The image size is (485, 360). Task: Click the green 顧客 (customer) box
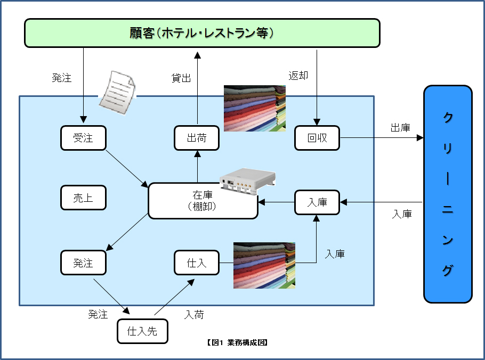202,33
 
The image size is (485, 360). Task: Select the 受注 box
83,138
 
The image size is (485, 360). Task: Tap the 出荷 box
197,138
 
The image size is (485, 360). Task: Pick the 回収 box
317,138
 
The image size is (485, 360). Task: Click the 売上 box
83,198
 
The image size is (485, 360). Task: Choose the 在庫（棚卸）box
203,201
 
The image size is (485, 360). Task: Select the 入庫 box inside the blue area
317,202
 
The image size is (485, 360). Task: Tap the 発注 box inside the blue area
83,263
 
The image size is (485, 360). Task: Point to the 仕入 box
197,263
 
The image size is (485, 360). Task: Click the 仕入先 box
142,331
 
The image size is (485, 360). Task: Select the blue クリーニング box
448,194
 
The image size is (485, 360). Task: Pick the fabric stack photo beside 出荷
254,108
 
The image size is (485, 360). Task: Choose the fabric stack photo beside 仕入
264,265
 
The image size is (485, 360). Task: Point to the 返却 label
298,76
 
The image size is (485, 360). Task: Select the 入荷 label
194,315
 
